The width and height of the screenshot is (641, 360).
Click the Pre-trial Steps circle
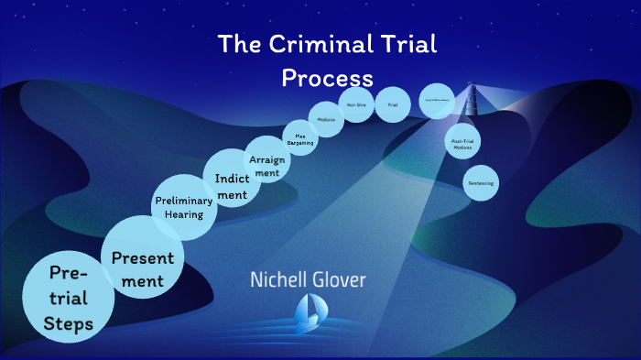[x=68, y=298]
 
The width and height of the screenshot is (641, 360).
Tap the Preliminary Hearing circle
[x=183, y=205]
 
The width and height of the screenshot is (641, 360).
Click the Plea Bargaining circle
[x=299, y=138]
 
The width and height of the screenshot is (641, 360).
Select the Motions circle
[x=327, y=120]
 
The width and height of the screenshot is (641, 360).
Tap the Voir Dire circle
[x=356, y=105]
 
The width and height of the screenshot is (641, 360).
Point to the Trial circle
[x=392, y=105]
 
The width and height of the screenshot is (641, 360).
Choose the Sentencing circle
[x=480, y=183]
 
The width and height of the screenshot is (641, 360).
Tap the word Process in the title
[x=327, y=77]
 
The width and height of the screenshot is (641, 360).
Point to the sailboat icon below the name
[x=307, y=313]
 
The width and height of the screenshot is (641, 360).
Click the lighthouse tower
[x=473, y=100]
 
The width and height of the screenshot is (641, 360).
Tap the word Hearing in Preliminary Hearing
[x=183, y=214]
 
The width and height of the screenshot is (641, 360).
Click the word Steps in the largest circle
[x=68, y=322]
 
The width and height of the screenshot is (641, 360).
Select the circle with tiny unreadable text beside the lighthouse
[x=437, y=101]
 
